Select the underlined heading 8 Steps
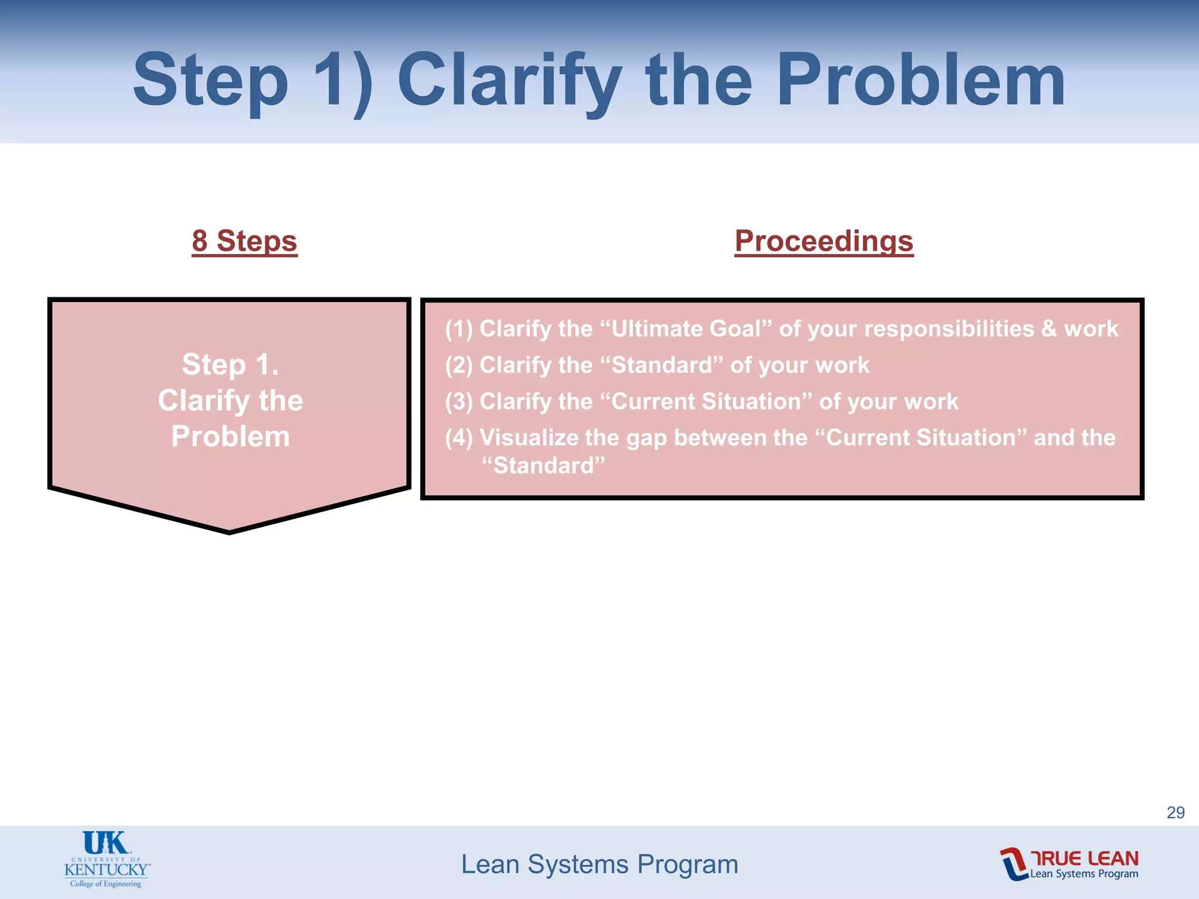(x=245, y=241)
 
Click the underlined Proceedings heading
(x=824, y=241)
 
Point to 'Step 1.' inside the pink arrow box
(x=231, y=364)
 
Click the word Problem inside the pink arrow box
(x=231, y=437)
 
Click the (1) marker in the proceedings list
(x=458, y=329)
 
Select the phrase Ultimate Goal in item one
(x=686, y=329)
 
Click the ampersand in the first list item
(x=1049, y=329)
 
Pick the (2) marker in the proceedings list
(x=458, y=365)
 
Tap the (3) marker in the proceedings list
(x=458, y=402)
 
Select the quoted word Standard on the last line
(x=543, y=466)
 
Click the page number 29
(x=1176, y=812)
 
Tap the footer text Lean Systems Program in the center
(x=599, y=864)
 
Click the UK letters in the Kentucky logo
(x=105, y=843)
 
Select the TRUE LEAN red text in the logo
(x=1084, y=858)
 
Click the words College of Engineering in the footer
(x=106, y=884)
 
